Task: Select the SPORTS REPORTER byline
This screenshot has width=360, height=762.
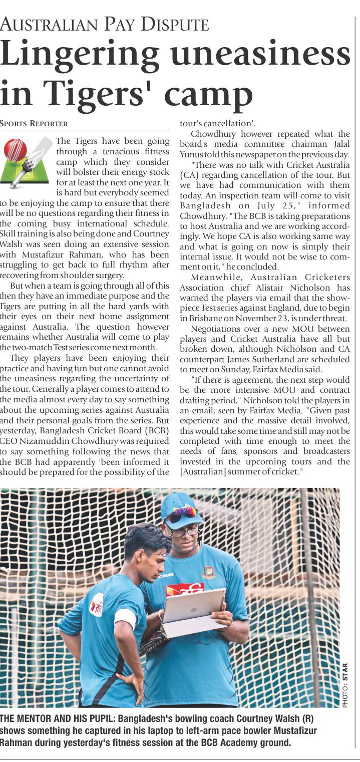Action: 34,123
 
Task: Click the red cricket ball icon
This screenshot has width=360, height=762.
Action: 15,150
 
